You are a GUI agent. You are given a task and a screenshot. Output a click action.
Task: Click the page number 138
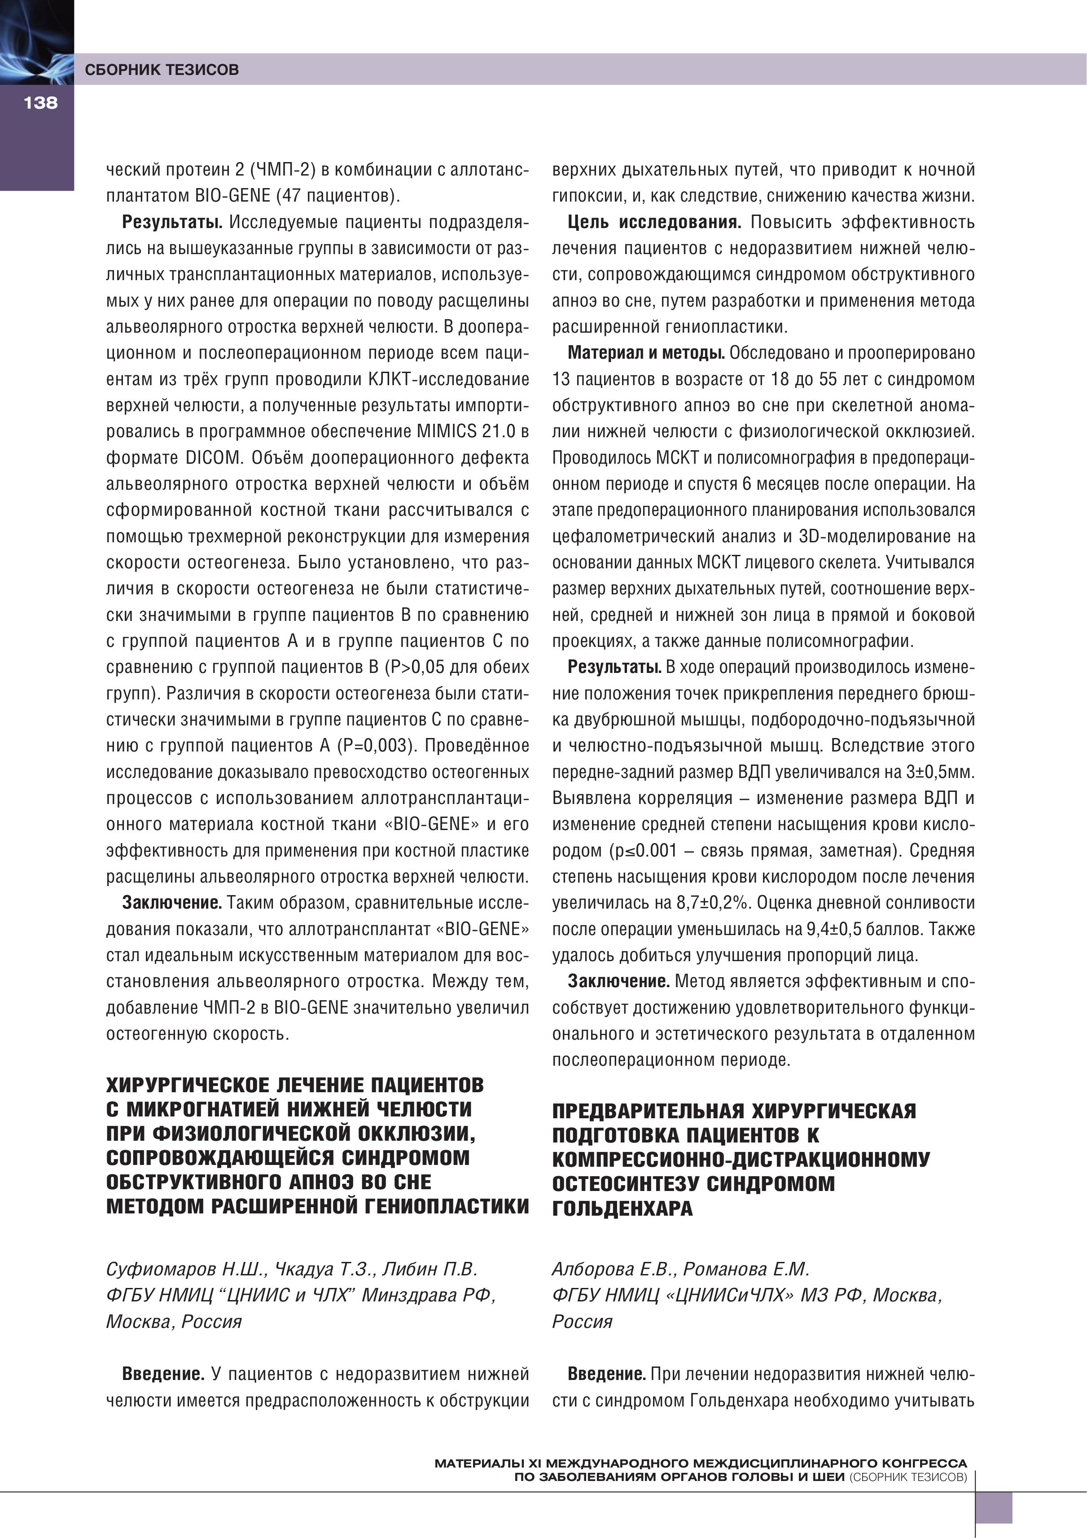pyautogui.click(x=40, y=102)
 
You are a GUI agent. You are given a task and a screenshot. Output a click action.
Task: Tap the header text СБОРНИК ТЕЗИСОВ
pyautogui.click(x=162, y=70)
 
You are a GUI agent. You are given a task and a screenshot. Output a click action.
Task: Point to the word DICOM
pyautogui.click(x=212, y=457)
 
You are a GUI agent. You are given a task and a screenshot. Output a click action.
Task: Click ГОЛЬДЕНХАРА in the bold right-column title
pyautogui.click(x=622, y=1209)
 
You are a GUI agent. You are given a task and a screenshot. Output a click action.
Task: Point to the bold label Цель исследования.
pyautogui.click(x=654, y=222)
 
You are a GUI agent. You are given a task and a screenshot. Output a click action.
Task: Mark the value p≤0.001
pyautogui.click(x=644, y=851)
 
